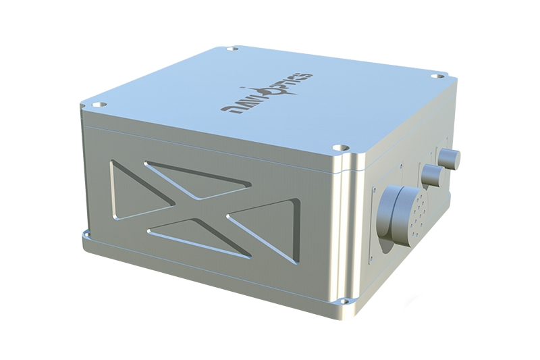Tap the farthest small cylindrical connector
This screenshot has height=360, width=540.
pos(450,158)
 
